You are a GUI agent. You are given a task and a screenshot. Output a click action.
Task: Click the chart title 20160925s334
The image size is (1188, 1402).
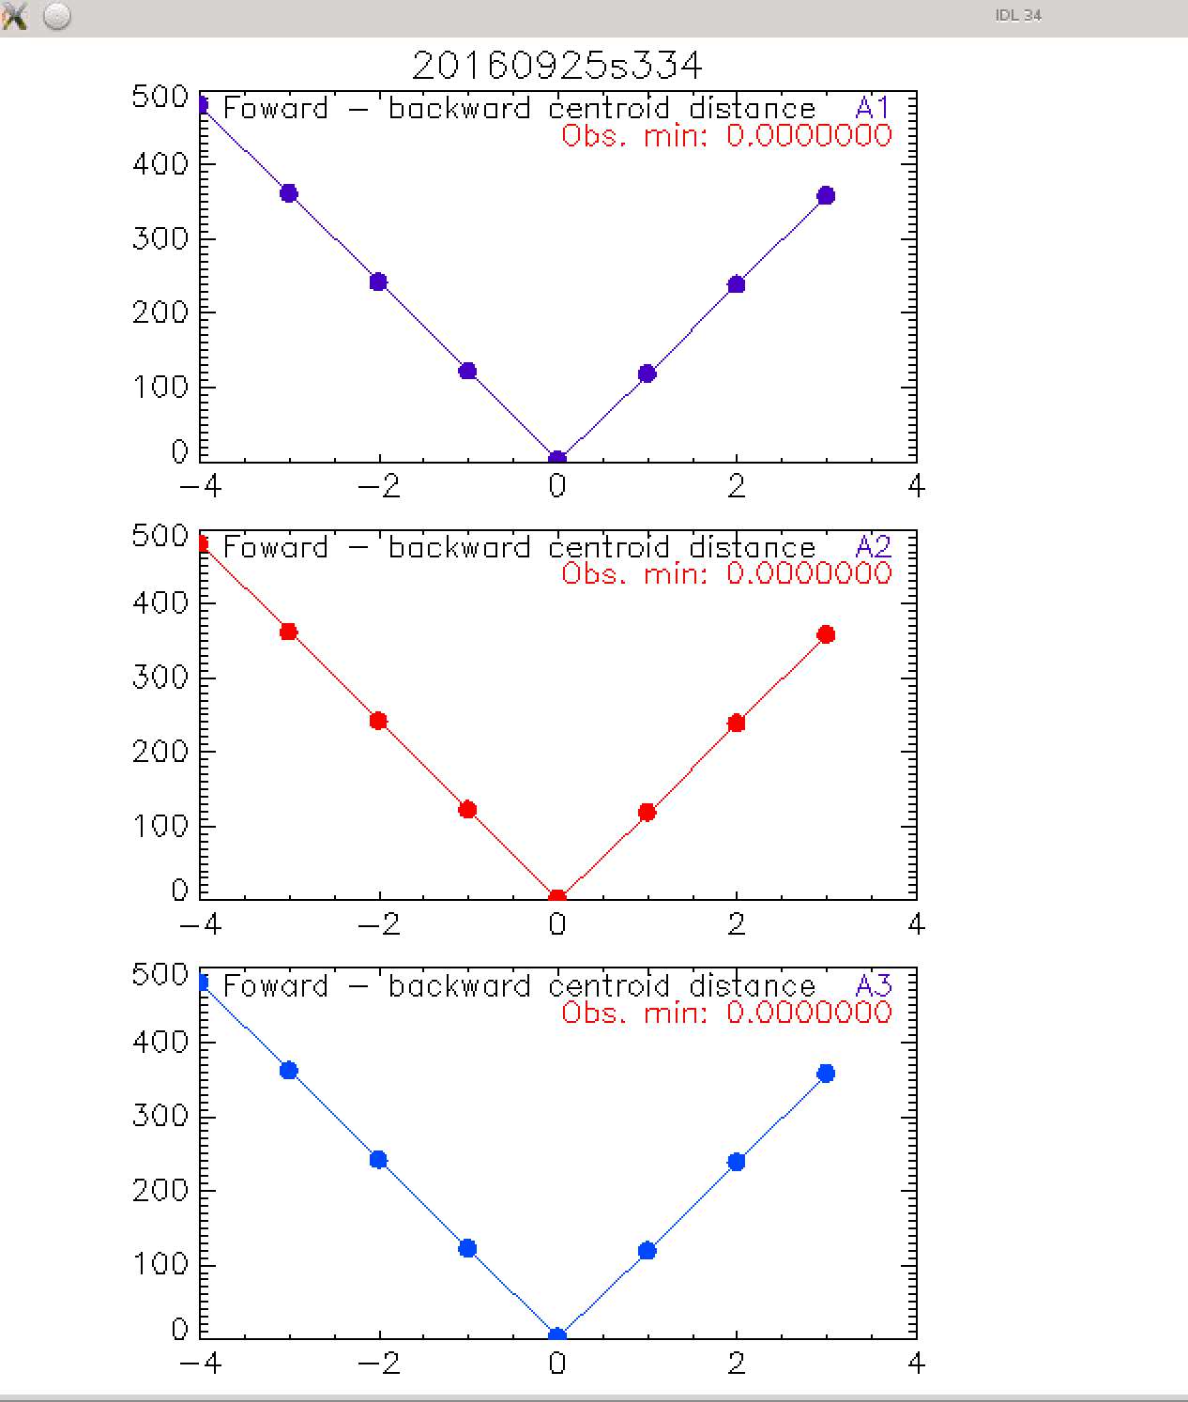click(x=557, y=66)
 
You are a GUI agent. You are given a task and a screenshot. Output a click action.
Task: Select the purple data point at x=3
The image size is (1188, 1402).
click(x=826, y=195)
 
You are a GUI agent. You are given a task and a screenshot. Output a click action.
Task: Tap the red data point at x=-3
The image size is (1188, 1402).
click(x=289, y=632)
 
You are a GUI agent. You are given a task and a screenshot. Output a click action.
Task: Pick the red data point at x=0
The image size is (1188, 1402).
click(x=557, y=898)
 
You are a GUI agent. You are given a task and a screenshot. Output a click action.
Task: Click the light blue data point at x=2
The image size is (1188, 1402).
click(x=737, y=1162)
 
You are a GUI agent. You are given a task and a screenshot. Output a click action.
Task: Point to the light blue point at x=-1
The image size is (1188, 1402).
click(x=468, y=1248)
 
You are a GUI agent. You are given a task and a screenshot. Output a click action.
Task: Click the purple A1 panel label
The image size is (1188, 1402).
click(x=873, y=108)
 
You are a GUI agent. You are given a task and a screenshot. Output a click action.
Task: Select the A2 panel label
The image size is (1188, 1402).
click(x=873, y=546)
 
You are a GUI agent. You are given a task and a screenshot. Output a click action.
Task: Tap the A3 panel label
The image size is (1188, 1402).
click(x=873, y=985)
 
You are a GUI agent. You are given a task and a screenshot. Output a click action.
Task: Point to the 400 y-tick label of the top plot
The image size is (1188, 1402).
click(x=160, y=164)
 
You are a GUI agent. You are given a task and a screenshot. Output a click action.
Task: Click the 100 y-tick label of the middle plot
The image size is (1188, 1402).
click(x=160, y=826)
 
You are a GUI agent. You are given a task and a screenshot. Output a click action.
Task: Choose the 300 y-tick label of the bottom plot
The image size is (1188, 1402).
click(x=160, y=1116)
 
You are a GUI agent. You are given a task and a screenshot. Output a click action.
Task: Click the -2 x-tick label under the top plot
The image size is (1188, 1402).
click(x=378, y=485)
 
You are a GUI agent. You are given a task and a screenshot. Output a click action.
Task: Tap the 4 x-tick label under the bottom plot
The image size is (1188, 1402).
click(x=916, y=1363)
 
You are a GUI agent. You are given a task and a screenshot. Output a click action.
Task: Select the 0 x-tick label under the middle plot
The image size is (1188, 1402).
click(x=557, y=924)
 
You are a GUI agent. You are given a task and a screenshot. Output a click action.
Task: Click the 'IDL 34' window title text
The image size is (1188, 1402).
click(x=1018, y=15)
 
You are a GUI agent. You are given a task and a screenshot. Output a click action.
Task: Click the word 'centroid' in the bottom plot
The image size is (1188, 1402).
click(x=608, y=985)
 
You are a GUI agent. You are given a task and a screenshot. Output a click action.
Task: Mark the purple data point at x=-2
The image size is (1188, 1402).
click(x=378, y=282)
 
